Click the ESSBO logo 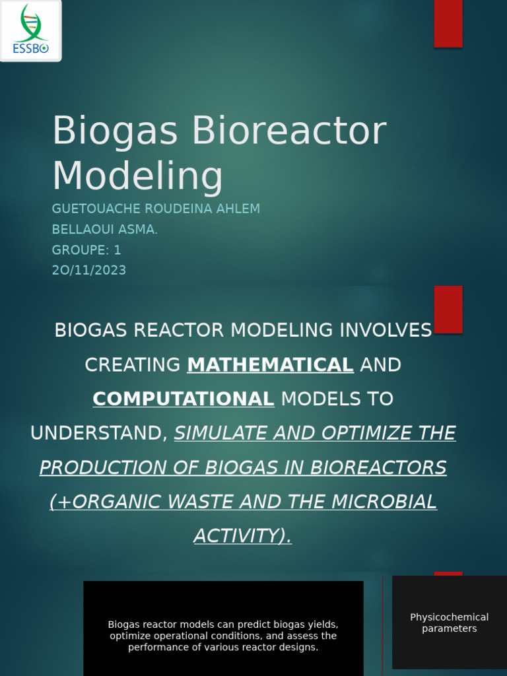point(30,30)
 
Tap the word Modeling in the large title point(137,177)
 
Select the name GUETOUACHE point(92,209)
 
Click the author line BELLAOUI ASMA point(104,229)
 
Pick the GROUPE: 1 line point(86,250)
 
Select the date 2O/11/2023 point(89,270)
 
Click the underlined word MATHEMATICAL point(270,364)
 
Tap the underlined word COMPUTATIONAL point(184,399)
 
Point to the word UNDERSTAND point(96,433)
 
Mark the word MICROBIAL point(384,502)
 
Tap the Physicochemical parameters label point(449,623)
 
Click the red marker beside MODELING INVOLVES point(448,309)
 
